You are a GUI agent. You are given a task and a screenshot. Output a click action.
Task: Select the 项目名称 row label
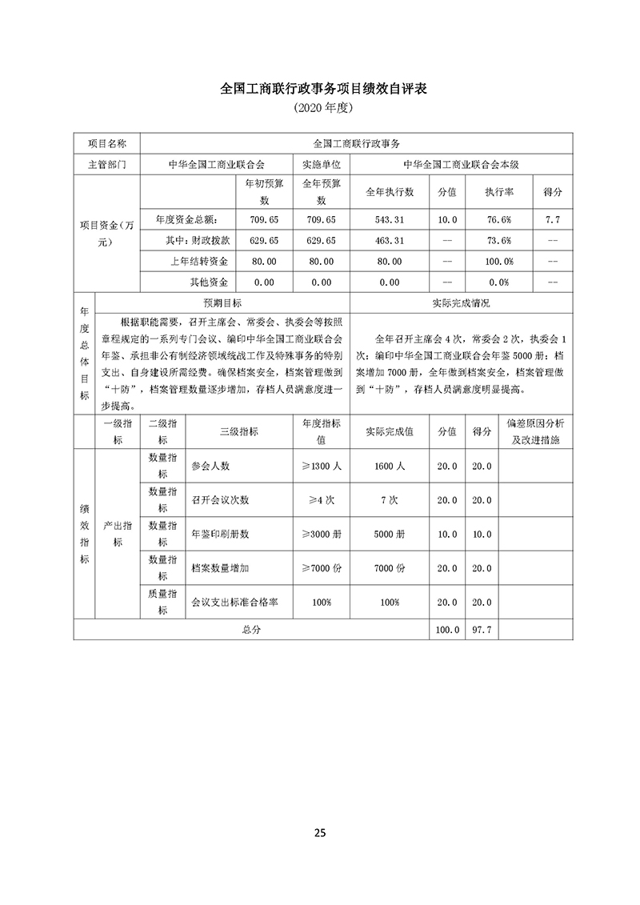coord(106,143)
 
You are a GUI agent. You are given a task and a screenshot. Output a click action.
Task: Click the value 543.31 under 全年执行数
coord(390,218)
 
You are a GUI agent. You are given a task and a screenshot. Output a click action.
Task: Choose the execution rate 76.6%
coord(499,218)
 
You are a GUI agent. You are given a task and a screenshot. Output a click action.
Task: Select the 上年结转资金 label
coord(200,261)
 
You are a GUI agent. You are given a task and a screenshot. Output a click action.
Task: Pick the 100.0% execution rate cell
coord(499,261)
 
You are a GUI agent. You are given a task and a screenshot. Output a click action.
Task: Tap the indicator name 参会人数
coord(210,466)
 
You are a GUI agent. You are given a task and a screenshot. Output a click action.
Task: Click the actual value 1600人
coord(390,466)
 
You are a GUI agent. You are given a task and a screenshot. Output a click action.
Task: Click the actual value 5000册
coord(390,534)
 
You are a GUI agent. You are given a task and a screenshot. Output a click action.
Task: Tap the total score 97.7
coord(482,630)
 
